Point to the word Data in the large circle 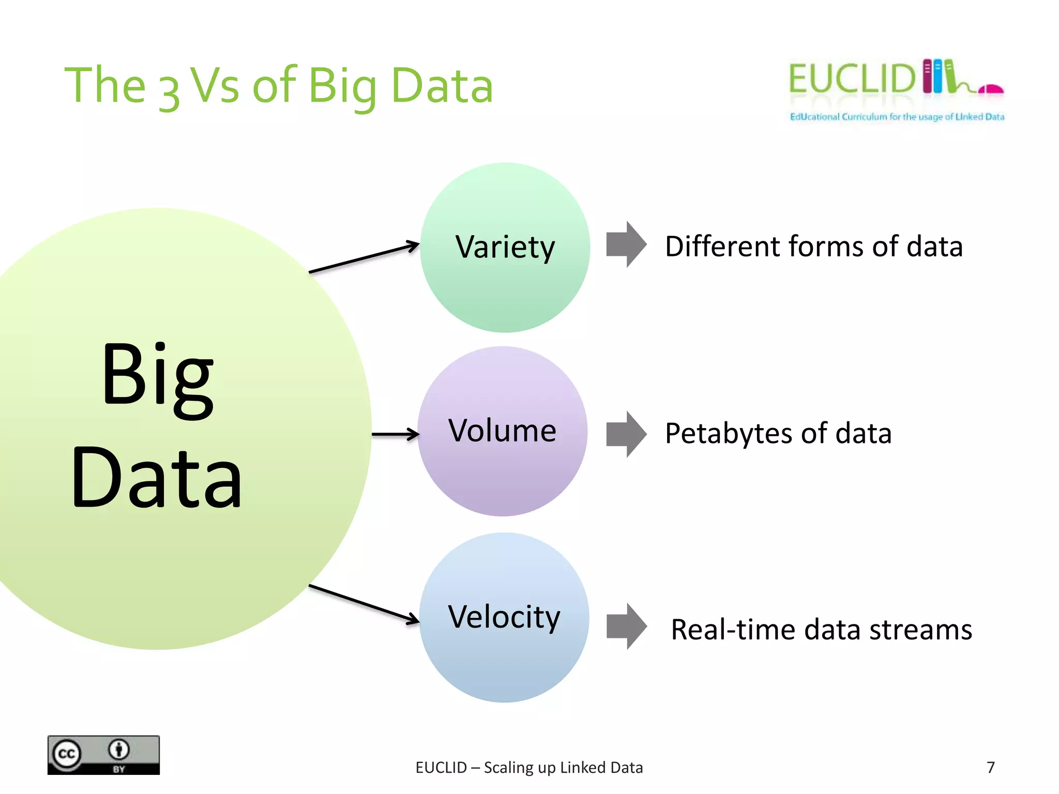[157, 478]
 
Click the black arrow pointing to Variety [364, 257]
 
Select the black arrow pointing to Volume [396, 434]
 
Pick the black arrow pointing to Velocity [364, 604]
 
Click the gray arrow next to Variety [626, 245]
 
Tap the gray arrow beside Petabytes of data [626, 434]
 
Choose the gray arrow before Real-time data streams [626, 626]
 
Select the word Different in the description [722, 246]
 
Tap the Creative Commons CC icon [67, 754]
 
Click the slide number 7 [990, 767]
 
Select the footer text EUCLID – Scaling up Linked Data [529, 768]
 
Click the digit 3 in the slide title [169, 93]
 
